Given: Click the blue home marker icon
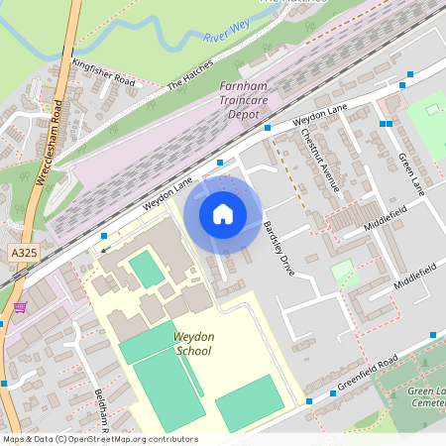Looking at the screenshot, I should [223, 212].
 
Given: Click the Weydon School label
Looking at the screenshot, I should [193, 344].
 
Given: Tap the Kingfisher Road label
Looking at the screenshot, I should [102, 71].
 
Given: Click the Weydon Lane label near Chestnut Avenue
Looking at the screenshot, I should [320, 116].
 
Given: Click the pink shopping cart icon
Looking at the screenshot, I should [20, 309].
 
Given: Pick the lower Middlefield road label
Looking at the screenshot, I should [414, 277].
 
